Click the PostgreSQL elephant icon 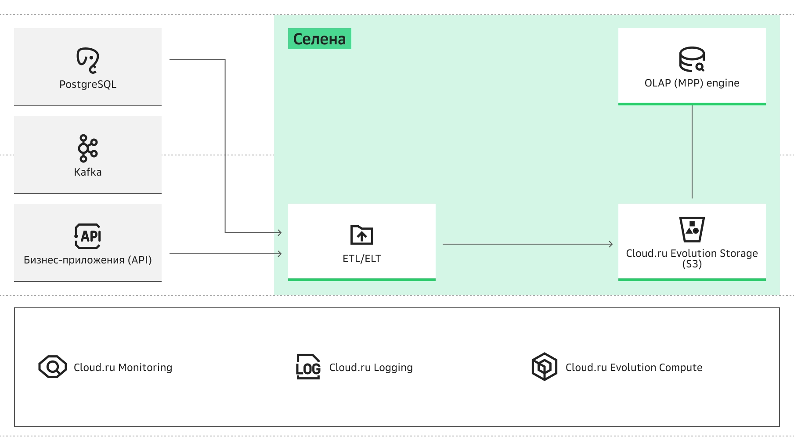pos(88,60)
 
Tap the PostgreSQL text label pos(88,84)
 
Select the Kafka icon pos(88,148)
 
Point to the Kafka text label pos(88,172)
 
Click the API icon pos(88,236)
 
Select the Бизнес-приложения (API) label pos(88,260)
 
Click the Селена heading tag pos(320,39)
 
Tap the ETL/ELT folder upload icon pos(362,235)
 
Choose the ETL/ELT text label pos(362,259)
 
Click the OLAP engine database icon pos(692,59)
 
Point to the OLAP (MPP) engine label pos(692,83)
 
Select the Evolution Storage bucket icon pos(692,229)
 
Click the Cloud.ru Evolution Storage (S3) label pos(692,259)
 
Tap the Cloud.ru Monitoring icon pos(53,367)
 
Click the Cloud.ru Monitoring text pos(123,368)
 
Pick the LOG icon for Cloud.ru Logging pos(308,367)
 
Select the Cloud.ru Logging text pos(371,368)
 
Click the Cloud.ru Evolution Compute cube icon pos(545,367)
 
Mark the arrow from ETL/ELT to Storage pos(528,244)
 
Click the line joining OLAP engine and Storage pos(692,152)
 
